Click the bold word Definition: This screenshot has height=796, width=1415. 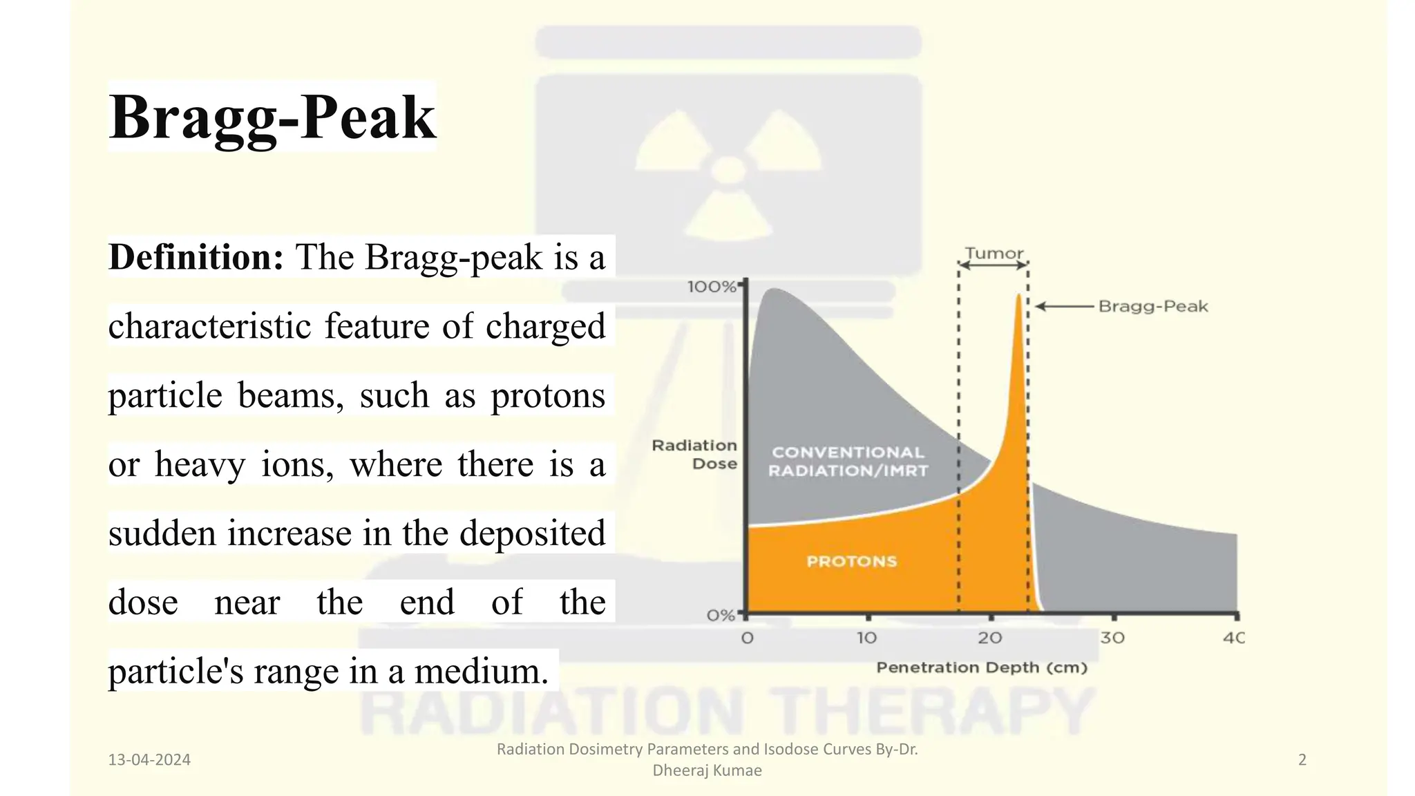[x=196, y=257]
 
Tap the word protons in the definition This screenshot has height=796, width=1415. [x=547, y=395]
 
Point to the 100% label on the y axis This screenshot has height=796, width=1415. [x=711, y=287]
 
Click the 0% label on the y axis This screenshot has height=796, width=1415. [x=720, y=615]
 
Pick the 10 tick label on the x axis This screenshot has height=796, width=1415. [x=866, y=638]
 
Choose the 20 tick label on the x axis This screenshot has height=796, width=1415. [x=989, y=638]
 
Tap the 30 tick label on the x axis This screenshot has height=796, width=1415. [x=1112, y=638]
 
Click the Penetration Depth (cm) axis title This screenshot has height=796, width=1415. [x=982, y=667]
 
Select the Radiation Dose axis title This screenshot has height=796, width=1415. [x=694, y=455]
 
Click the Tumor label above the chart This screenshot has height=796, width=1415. [x=994, y=253]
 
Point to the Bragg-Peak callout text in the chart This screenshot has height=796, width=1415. [x=1153, y=306]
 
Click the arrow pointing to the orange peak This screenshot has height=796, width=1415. [x=1064, y=306]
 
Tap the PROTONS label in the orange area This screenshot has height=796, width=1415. [x=851, y=561]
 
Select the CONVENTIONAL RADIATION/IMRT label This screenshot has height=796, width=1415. [x=848, y=462]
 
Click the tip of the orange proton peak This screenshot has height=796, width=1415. [x=1018, y=296]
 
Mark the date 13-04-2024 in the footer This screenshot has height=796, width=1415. [x=149, y=760]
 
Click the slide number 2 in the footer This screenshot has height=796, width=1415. [x=1302, y=760]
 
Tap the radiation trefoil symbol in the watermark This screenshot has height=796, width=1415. [x=728, y=170]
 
